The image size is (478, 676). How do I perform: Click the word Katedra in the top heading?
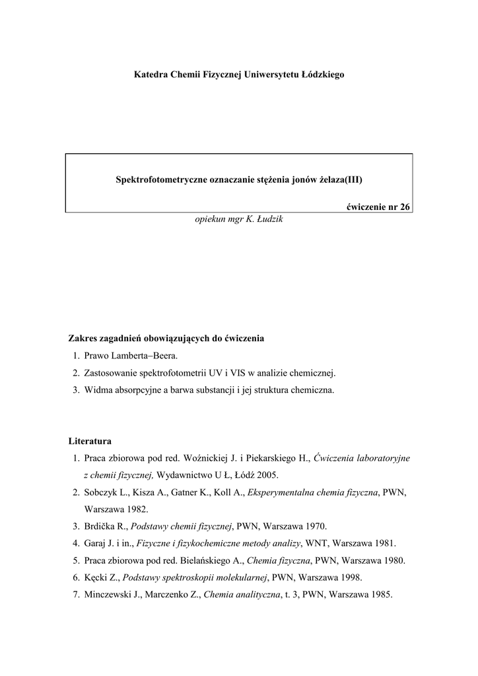pyautogui.click(x=151, y=75)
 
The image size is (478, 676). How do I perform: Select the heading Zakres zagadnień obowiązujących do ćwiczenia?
pyautogui.click(x=166, y=339)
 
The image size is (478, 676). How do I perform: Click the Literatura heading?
pyautogui.click(x=90, y=440)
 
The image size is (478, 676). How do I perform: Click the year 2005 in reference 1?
pyautogui.click(x=268, y=475)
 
